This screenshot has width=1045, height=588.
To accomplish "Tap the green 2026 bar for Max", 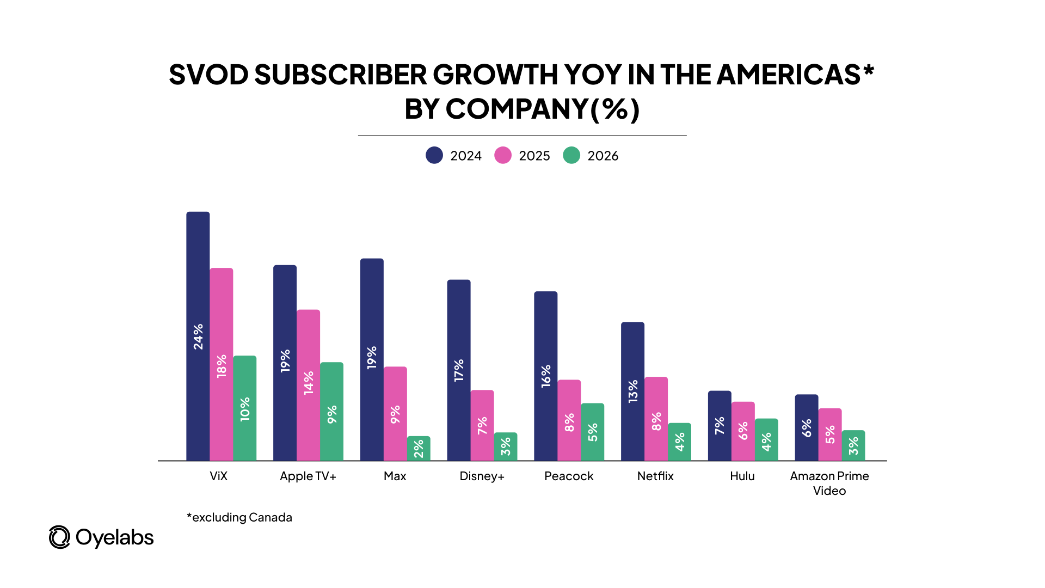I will [419, 448].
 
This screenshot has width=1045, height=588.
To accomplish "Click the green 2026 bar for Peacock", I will [592, 432].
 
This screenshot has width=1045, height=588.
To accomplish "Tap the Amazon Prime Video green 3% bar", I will [853, 445].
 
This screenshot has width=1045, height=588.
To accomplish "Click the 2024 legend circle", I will [434, 155].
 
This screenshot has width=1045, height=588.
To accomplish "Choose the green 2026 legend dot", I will [571, 155].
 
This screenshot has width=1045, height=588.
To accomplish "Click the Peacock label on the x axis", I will [569, 476].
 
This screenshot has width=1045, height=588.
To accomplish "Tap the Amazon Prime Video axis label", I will [829, 483].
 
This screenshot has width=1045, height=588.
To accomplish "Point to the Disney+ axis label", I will [482, 476].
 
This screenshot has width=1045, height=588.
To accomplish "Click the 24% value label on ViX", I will [198, 336].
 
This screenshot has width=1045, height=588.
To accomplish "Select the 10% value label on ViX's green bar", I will [245, 409].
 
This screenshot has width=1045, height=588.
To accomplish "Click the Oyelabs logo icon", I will [59, 537].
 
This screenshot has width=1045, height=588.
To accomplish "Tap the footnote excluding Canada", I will [239, 517].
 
